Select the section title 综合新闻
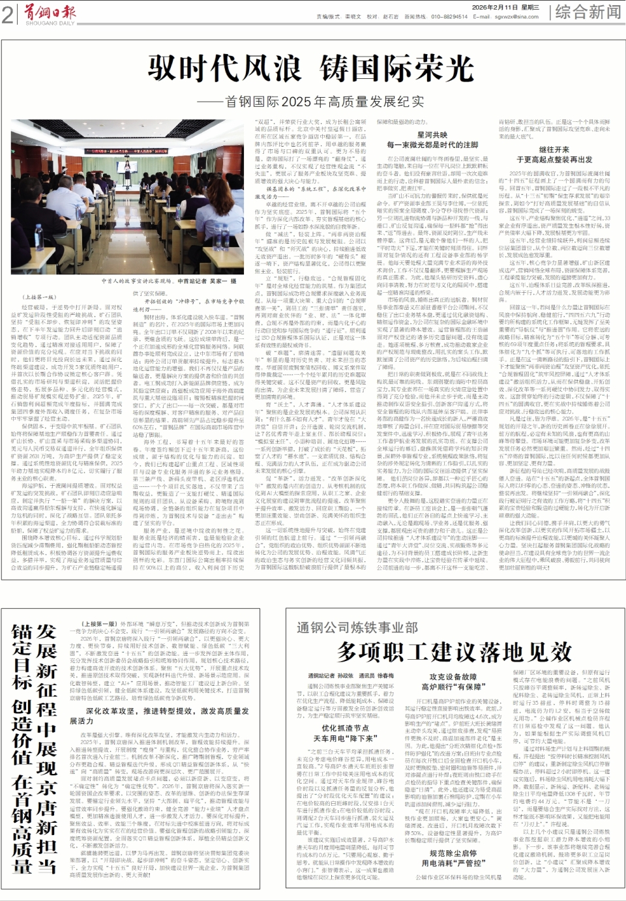(x=588, y=11)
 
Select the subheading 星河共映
(x=432, y=135)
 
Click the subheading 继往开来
(x=554, y=149)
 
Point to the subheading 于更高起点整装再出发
(x=554, y=159)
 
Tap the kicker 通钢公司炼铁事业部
(x=357, y=627)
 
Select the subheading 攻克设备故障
(x=453, y=677)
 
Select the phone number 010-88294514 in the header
(x=449, y=17)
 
